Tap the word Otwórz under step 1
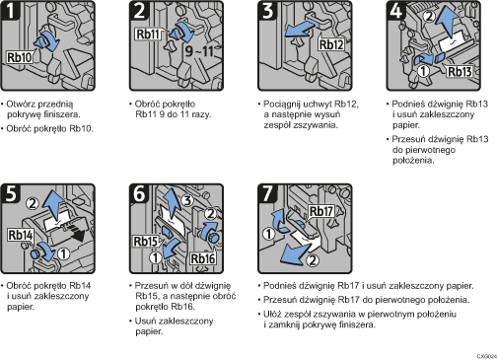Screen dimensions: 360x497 [x=24, y=102]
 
